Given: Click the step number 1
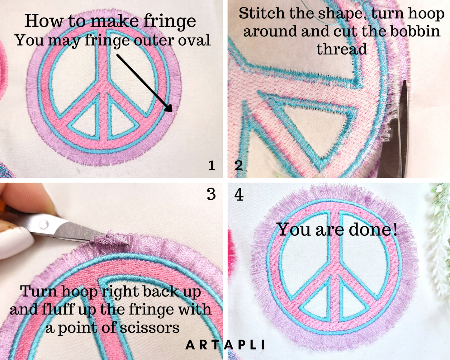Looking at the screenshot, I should coord(212,165).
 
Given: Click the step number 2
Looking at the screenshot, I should coord(239,165).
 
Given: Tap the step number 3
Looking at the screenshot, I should coord(211,194).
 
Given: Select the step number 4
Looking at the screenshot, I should coord(239,195).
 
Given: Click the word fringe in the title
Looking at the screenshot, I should coord(169,21).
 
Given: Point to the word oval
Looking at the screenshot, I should coord(194,40).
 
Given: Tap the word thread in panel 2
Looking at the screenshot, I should coord(342,49).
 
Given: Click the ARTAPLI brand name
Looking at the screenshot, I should coord(225,345).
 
